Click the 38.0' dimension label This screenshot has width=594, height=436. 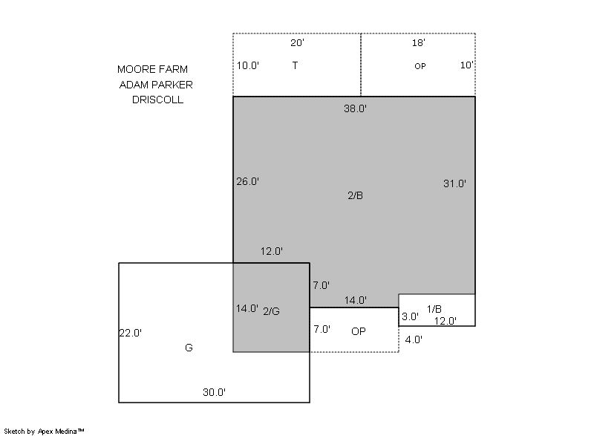(355, 108)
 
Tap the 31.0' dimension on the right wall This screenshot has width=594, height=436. (454, 183)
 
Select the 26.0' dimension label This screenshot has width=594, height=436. (248, 182)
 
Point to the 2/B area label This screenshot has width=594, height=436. (356, 195)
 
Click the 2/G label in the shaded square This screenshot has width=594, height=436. (271, 311)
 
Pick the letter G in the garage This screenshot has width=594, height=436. (189, 348)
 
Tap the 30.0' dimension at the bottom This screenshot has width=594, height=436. (214, 392)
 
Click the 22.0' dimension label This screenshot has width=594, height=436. (131, 333)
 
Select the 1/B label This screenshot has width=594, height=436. (434, 309)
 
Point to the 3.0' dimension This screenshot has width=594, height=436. (411, 316)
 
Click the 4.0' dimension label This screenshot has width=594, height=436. (414, 339)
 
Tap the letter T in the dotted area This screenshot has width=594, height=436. (295, 65)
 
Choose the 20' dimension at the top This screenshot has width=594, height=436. (298, 43)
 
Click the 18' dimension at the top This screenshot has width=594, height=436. (419, 43)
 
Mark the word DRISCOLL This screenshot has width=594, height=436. (157, 100)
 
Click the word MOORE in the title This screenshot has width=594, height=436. (136, 69)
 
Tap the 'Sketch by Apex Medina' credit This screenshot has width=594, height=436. (44, 431)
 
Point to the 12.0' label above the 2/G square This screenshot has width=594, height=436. (272, 251)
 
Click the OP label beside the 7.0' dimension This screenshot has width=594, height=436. (359, 331)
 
